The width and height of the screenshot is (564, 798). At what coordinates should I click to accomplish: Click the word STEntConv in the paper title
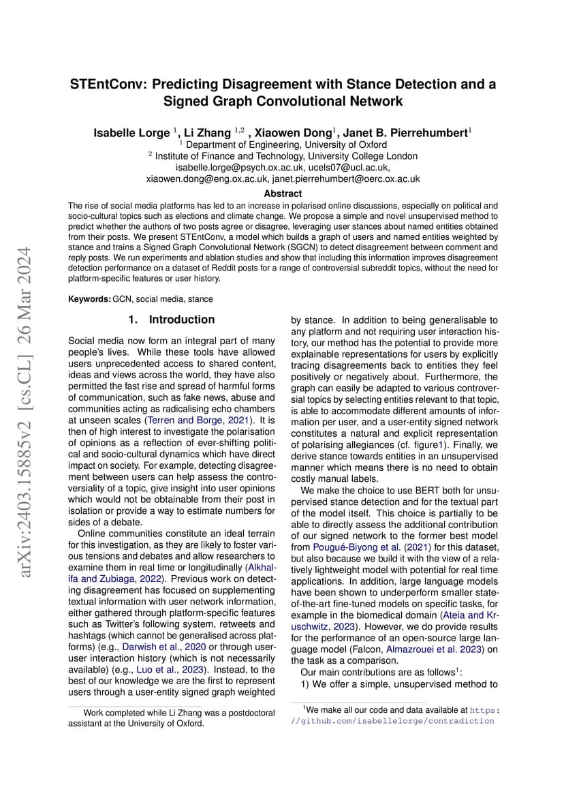(108, 85)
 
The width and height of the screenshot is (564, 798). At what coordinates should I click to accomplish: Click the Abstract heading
(283, 194)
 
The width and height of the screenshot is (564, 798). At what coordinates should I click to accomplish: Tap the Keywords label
(89, 298)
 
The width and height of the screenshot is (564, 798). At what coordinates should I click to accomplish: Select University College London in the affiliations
(365, 155)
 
